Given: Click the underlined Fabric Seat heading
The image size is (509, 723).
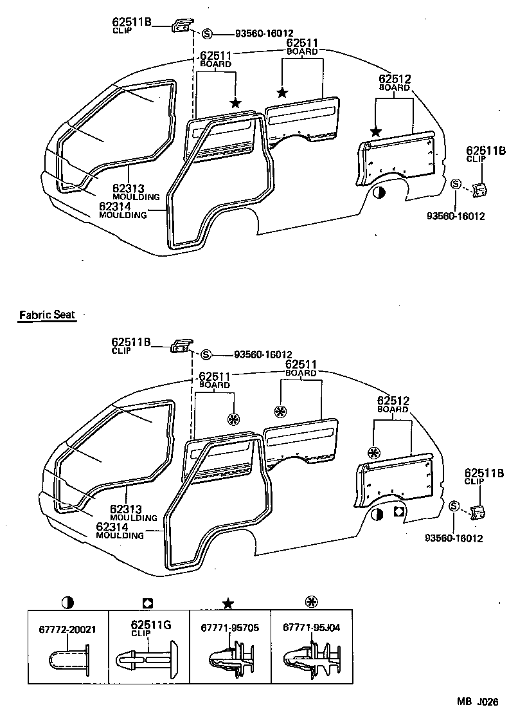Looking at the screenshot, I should pyautogui.click(x=47, y=315).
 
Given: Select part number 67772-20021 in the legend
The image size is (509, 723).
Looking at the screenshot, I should pyautogui.click(x=67, y=629).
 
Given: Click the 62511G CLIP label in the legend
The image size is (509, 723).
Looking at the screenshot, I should pyautogui.click(x=150, y=628).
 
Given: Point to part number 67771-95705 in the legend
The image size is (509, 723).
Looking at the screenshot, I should pyautogui.click(x=229, y=628).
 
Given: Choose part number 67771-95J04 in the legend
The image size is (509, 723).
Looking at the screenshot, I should pyautogui.click(x=311, y=628).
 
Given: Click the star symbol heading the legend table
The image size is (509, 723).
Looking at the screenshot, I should pyautogui.click(x=228, y=603).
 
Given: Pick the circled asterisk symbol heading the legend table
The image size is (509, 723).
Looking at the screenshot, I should pyautogui.click(x=311, y=603).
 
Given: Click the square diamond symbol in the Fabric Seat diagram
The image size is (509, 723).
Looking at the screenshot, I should pyautogui.click(x=398, y=513).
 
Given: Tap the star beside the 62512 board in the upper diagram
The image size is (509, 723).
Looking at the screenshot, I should pyautogui.click(x=376, y=132).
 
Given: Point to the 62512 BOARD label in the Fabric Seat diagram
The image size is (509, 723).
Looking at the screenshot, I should pyautogui.click(x=394, y=405).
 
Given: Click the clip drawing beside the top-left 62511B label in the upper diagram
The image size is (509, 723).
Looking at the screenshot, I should pyautogui.click(x=181, y=26).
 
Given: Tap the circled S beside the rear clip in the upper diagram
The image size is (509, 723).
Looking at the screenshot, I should pyautogui.click(x=456, y=185).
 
